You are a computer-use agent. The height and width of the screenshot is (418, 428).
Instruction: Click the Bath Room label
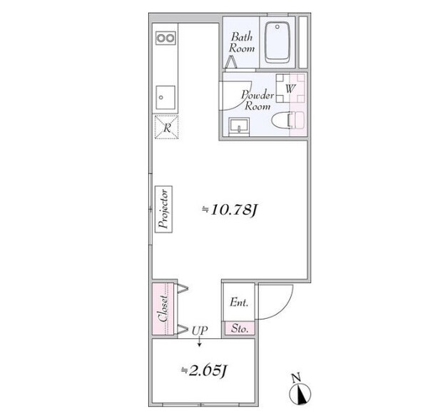coord(242,42)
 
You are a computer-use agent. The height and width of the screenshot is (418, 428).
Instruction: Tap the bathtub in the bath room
coord(277,43)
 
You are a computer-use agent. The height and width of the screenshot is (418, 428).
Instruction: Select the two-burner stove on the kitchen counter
coord(165,38)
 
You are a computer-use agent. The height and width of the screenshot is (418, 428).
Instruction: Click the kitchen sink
coord(165,97)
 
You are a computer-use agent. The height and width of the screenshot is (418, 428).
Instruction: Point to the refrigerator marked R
coord(166,127)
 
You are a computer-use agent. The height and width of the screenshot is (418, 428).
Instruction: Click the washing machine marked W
coord(290,88)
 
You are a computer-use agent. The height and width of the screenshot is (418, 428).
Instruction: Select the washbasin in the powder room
coord(239,126)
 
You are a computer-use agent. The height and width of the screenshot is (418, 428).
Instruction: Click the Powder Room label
coord(258,100)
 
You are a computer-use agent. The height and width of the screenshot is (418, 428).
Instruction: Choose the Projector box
coord(163,209)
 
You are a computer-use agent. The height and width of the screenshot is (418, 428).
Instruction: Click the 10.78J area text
coord(230,210)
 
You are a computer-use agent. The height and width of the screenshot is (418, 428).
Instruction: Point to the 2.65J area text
coord(205,370)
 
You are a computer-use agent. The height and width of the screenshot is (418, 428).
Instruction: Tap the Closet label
coord(163,309)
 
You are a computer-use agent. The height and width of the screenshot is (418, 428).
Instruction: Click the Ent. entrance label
coord(239,302)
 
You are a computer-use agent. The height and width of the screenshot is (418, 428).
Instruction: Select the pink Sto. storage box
coord(240,328)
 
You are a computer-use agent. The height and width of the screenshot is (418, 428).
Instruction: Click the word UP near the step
coord(200,331)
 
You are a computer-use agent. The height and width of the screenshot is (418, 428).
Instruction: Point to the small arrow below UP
coord(200,342)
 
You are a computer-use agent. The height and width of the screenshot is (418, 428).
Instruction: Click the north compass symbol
coord(300,391)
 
